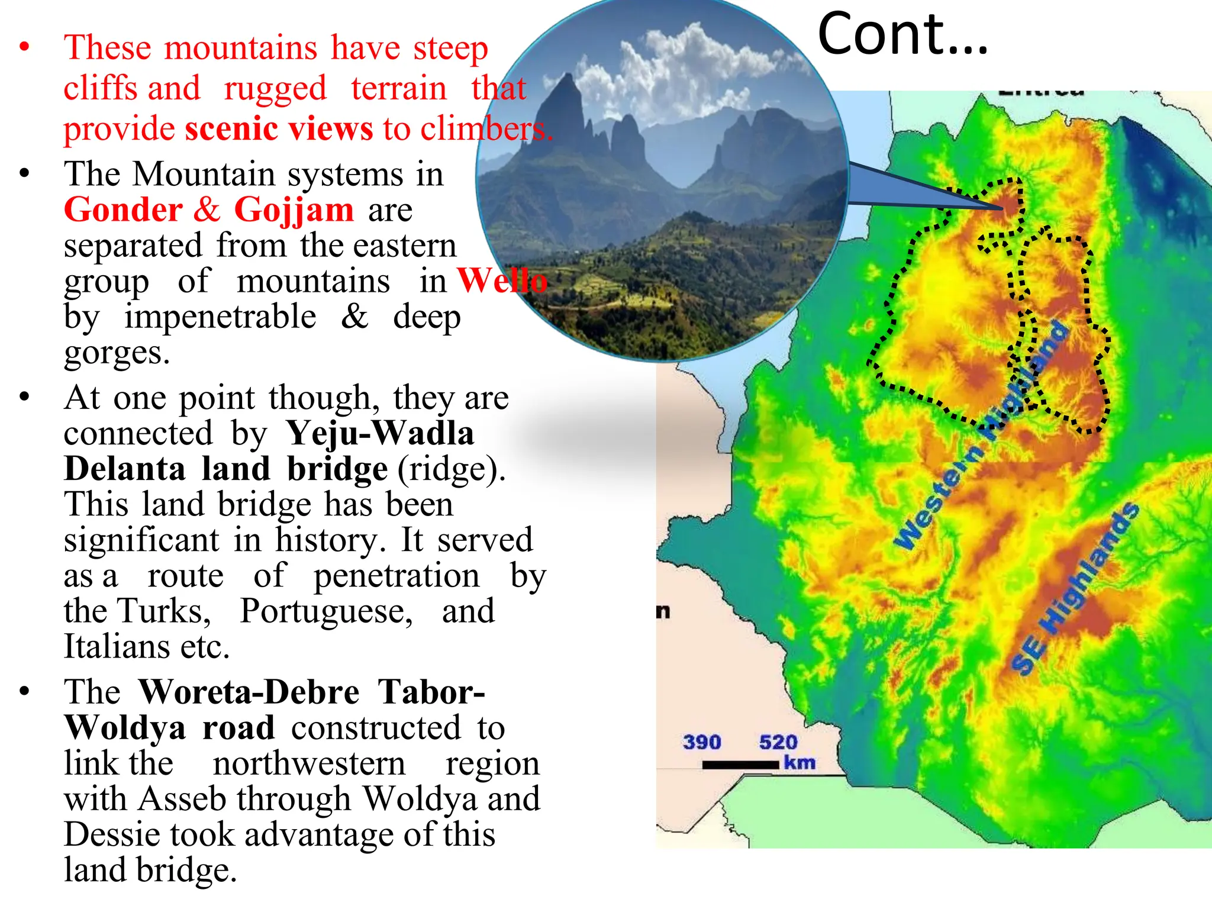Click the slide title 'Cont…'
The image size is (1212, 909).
pos(902,34)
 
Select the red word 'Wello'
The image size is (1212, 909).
pos(502,281)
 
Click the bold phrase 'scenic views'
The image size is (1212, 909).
pos(279,128)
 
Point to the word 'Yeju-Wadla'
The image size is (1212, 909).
pos(380,434)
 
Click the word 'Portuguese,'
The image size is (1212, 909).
pos(326,611)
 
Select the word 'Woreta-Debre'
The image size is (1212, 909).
pos(249,692)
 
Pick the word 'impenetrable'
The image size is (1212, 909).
pos(220,317)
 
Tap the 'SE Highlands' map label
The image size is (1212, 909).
pos(1074,589)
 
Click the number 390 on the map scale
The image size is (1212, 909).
pos(702,742)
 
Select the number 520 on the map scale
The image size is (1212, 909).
pos(778,742)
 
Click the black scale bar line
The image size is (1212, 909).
pos(740,765)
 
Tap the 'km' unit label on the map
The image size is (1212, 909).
pos(799,762)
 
